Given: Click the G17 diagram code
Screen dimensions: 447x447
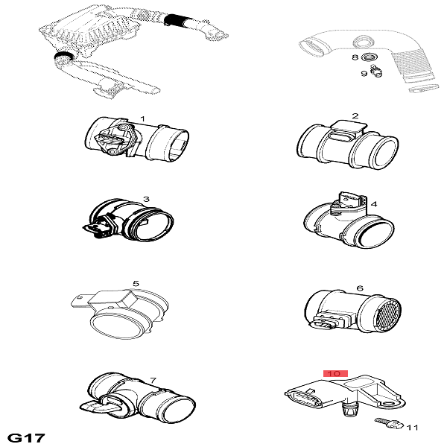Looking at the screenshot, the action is coord(26,438).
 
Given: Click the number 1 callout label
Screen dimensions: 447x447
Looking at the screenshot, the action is coord(143,119).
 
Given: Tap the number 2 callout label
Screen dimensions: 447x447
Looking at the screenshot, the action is coord(355,116).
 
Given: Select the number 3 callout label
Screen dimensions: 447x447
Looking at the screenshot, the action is coord(146,199).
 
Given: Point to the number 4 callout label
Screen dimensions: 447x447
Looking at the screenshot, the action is coord(374,204).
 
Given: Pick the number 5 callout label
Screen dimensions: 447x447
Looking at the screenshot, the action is coord(136,284).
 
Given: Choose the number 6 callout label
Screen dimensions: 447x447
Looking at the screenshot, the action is coord(360,288).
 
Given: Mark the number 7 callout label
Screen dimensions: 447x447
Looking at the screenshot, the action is coord(153,380).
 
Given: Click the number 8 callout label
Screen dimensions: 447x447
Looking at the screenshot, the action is coord(355,57).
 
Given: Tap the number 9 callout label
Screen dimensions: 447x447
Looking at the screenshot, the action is coord(364,74).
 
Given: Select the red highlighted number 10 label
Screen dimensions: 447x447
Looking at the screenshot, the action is coord(335,373).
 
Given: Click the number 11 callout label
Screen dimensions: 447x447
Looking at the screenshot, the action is coord(412,428).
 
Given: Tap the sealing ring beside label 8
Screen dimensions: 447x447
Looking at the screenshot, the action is coord(370,57).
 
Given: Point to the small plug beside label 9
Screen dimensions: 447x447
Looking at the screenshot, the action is coord(375,72).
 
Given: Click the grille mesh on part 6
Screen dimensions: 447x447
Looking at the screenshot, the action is coord(387,314).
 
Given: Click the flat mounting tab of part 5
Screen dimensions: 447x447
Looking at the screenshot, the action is coord(80,301).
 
